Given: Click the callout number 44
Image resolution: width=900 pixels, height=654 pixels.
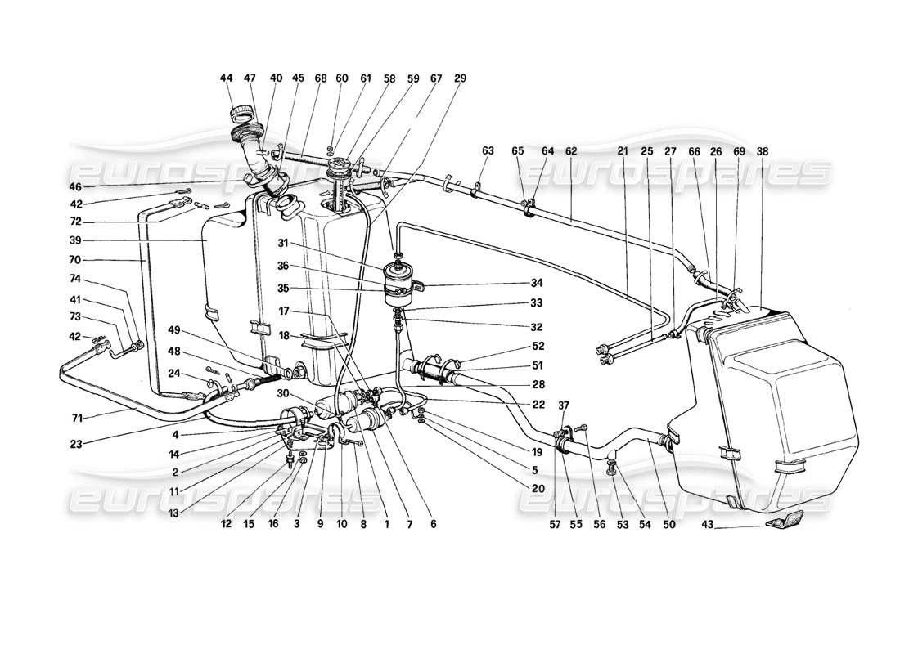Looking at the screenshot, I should (x=227, y=78).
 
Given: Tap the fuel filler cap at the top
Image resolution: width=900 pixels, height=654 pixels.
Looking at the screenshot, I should (x=243, y=112).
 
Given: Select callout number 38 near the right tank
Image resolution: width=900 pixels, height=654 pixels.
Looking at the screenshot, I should (x=763, y=151).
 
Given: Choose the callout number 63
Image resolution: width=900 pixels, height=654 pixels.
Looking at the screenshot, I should (x=488, y=151).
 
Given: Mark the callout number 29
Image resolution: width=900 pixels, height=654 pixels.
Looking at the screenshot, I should (x=460, y=78).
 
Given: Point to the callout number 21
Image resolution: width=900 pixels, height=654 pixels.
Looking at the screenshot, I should (x=623, y=151).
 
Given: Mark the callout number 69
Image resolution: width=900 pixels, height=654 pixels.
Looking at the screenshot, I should (x=739, y=151).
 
